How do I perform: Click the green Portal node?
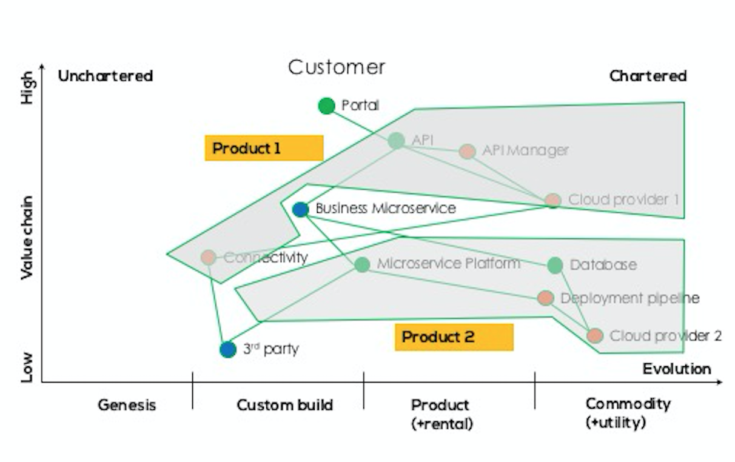tap(326, 105)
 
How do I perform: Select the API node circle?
tap(396, 141)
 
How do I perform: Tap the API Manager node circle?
tap(466, 151)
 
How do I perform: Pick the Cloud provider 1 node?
tap(552, 200)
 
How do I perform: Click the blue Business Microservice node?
tap(300, 210)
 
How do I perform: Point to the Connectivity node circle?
tap(209, 257)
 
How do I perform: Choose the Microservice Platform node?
tap(362, 264)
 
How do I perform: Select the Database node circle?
tap(555, 265)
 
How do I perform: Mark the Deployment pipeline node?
tap(545, 298)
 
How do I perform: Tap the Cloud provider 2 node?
tap(594, 335)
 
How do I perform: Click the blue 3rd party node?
tap(227, 349)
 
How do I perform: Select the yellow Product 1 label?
tap(264, 148)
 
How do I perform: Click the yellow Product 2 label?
tap(454, 337)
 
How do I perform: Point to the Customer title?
tap(337, 67)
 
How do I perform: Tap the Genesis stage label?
tap(127, 405)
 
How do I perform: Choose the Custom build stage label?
tap(284, 405)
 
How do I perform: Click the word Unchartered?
tap(105, 76)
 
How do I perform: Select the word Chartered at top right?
tap(648, 76)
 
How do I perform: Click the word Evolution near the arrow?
tap(677, 369)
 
